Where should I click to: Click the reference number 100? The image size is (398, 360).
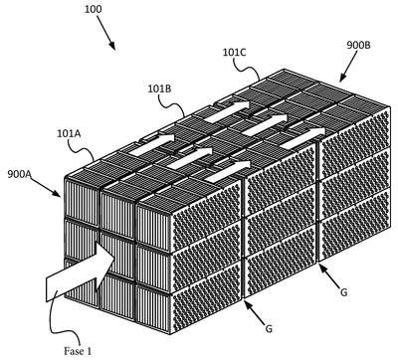[x=93, y=9]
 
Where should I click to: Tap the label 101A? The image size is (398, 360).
[x=69, y=133]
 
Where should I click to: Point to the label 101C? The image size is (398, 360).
[x=234, y=52]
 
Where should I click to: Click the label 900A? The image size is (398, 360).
[x=19, y=174]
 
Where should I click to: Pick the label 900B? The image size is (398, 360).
[x=358, y=45]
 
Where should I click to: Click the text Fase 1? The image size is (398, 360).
[x=78, y=351]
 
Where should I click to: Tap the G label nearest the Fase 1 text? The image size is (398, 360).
[x=269, y=329]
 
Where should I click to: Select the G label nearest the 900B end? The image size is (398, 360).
[x=344, y=292]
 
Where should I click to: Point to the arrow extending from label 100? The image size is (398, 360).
[x=106, y=33]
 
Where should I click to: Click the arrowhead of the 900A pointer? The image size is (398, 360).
[x=57, y=193]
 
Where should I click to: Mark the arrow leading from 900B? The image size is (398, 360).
[x=348, y=66]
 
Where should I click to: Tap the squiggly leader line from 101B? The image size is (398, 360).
[x=172, y=104]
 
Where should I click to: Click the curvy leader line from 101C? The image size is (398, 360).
[x=247, y=68]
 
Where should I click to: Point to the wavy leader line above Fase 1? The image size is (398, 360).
[x=59, y=318]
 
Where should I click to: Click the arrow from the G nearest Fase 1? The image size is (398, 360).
[x=255, y=311]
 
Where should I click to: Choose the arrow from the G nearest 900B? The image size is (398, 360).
[x=330, y=274]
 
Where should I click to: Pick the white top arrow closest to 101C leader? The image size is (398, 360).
[x=227, y=111]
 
